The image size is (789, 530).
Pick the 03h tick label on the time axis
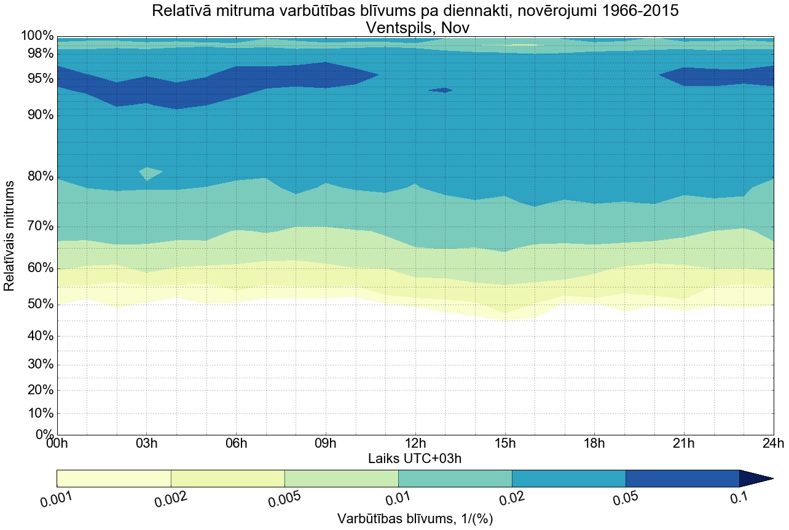[146, 443]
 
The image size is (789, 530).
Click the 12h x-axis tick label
[415, 443]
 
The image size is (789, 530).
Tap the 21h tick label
[684, 443]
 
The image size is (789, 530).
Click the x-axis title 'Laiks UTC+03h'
[415, 458]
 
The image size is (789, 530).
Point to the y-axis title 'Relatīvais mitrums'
[10, 236]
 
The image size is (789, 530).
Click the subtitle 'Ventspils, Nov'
[415, 28]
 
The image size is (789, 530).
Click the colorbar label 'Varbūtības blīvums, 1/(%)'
[415, 518]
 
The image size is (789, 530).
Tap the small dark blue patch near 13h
[441, 90]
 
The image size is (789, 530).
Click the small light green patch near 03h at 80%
[149, 172]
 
